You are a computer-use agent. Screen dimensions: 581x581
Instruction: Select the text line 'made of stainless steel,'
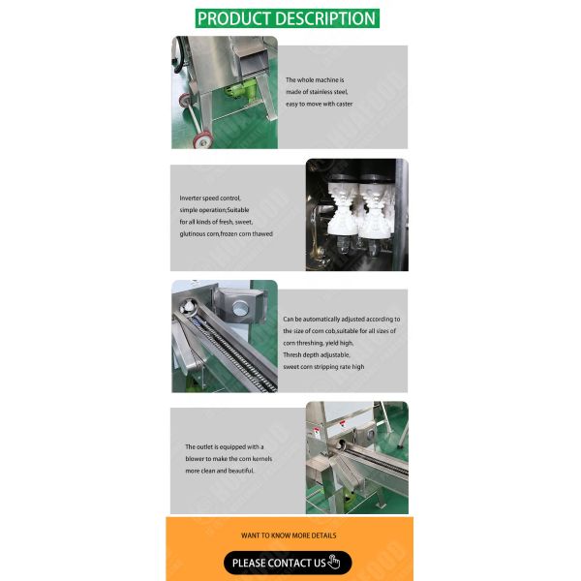319,91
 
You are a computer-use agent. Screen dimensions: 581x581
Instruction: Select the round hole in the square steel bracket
237,309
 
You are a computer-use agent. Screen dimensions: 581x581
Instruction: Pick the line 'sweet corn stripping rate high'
323,367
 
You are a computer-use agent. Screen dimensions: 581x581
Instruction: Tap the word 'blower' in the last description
199,459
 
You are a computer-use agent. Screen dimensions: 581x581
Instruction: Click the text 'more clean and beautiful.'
220,471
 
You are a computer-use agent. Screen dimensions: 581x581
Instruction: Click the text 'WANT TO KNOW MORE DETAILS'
289,535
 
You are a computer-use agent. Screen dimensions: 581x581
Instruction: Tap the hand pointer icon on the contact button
335,563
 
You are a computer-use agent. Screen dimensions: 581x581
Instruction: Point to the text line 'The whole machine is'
315,79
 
